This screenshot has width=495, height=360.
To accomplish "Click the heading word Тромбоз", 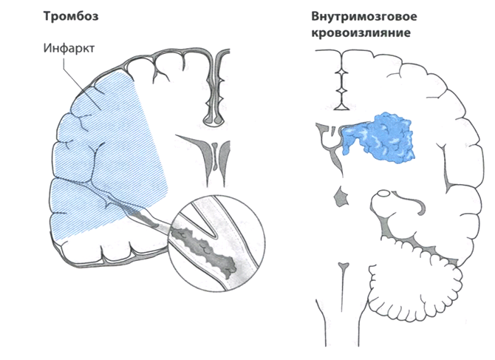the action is click(x=71, y=16).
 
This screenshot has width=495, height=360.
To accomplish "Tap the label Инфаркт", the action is click(x=69, y=48).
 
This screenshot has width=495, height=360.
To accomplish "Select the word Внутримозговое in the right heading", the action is click(x=364, y=16).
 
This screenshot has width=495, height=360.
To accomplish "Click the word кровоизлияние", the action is click(x=361, y=33).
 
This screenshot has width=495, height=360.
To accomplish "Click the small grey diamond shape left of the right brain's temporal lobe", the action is click(x=341, y=197).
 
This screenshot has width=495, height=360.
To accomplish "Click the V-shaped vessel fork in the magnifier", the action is click(x=210, y=228).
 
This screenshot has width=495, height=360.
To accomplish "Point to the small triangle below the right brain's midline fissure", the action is click(x=342, y=106).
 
